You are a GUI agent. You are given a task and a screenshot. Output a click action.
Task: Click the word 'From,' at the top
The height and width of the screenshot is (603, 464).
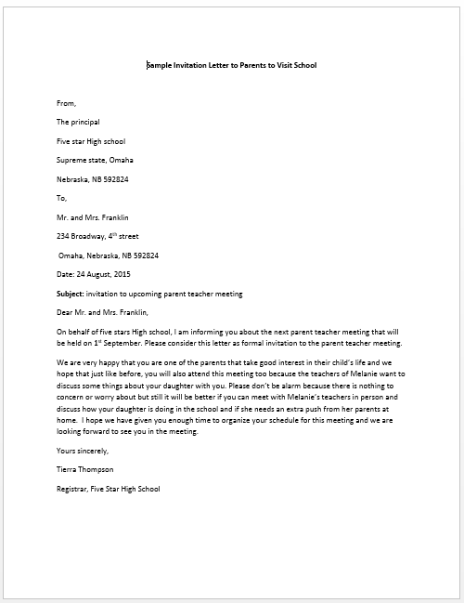tap(67, 102)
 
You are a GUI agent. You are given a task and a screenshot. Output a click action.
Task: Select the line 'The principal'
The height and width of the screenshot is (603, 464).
tap(80, 122)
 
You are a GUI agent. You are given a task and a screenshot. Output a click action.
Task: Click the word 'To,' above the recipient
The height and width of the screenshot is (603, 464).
tap(63, 198)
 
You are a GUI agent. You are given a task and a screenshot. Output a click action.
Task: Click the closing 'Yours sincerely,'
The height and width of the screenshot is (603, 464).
tap(83, 451)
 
